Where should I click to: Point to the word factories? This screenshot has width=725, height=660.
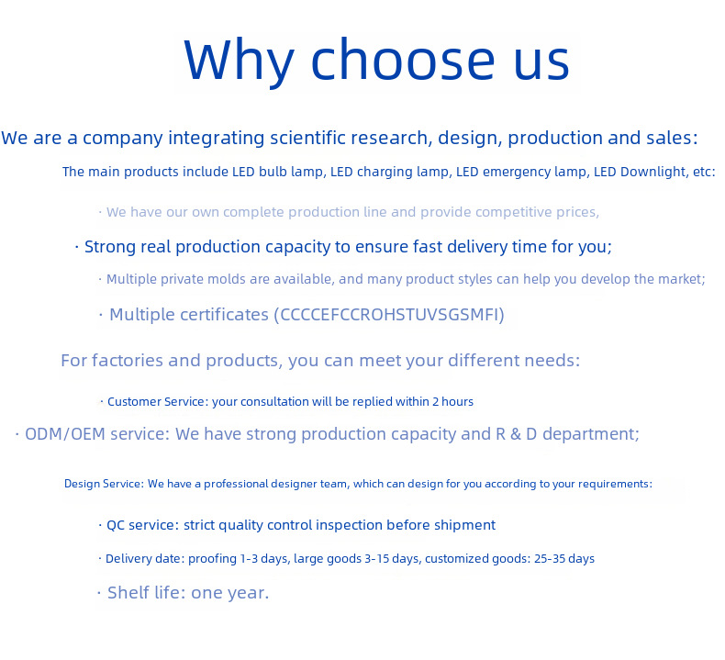pyautogui.click(x=128, y=361)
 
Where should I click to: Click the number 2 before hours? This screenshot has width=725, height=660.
pyautogui.click(x=436, y=401)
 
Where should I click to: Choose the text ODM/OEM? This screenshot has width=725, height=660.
pyautogui.click(x=65, y=434)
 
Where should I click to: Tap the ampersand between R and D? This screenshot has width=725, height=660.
pyautogui.click(x=516, y=434)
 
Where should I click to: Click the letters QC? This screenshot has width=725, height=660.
pyautogui.click(x=116, y=525)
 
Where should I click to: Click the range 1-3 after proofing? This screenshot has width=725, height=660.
pyautogui.click(x=249, y=559)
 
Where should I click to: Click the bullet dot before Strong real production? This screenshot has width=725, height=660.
pyautogui.click(x=77, y=247)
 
